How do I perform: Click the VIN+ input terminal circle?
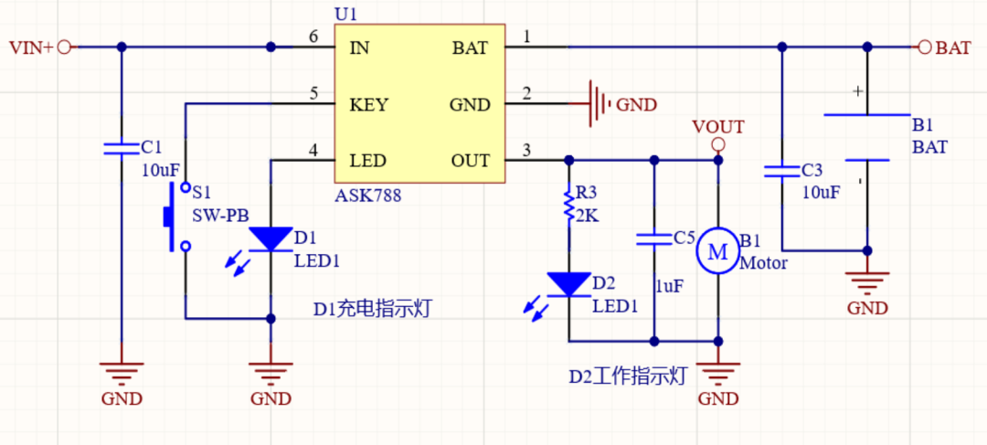[x=64, y=48]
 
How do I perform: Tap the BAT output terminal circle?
[x=925, y=48]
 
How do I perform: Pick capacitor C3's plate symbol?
[x=781, y=171]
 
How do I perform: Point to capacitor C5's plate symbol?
[x=654, y=239]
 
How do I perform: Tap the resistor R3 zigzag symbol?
[x=569, y=205]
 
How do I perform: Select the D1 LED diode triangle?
[x=271, y=239]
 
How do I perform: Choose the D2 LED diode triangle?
[x=569, y=285]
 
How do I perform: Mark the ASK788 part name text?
[x=368, y=196]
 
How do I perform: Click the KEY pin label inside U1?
[x=369, y=104]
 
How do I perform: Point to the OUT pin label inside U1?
[x=471, y=161]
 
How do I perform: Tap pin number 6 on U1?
[x=313, y=37]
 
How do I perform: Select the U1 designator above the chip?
[x=346, y=14]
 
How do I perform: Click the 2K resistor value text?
[x=587, y=217]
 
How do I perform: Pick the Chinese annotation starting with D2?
[x=627, y=376]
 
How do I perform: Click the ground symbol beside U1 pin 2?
[x=598, y=103]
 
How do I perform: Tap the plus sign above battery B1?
[x=856, y=91]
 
